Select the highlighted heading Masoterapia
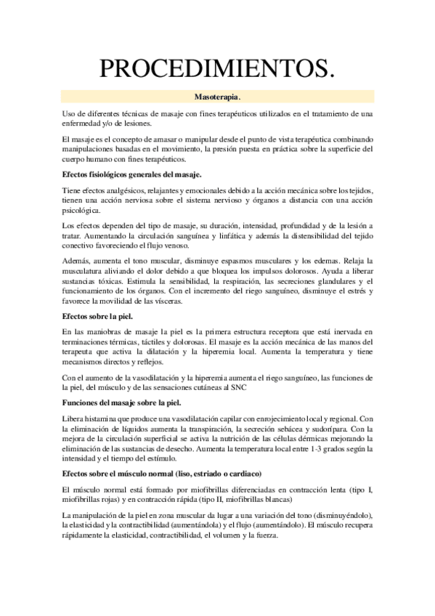pos(217,97)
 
